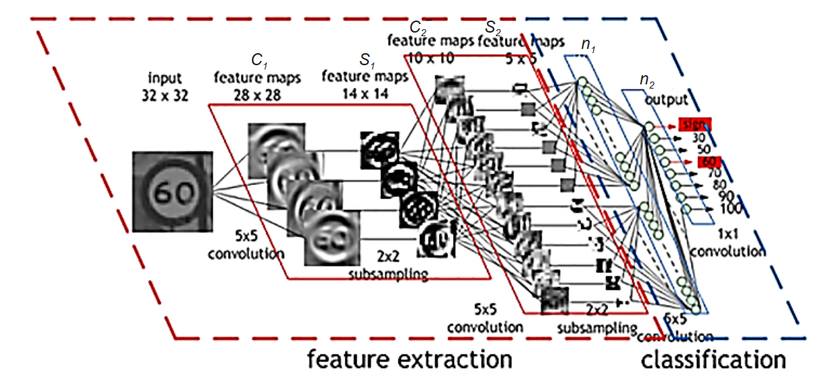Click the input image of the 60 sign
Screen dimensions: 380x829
pos(172,191)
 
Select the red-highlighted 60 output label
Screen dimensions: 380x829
pos(707,162)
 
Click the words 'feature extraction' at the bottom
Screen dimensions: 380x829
pos(410,359)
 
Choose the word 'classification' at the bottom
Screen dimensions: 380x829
pos(714,359)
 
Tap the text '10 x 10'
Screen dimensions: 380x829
pos(433,58)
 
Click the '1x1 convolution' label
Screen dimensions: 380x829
pos(726,243)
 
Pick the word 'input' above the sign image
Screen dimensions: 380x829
pos(165,77)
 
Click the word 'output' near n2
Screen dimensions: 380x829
pos(665,99)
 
